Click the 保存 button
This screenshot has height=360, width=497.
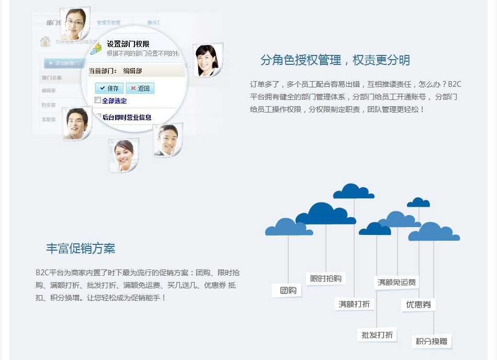pyautogui.click(x=109, y=88)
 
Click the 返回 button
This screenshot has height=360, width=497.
pyautogui.click(x=140, y=88)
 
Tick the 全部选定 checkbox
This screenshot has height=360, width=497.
pyautogui.click(x=98, y=100)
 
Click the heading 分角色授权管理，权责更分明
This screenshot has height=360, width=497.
pyautogui.click(x=335, y=60)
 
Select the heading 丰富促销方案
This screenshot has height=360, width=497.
pyautogui.click(x=81, y=249)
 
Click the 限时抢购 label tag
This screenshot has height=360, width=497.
pyautogui.click(x=325, y=278)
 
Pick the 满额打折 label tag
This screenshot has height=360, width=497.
pyautogui.click(x=354, y=304)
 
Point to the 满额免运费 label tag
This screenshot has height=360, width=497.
pyautogui.click(x=397, y=283)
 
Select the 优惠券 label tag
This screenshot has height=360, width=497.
pyautogui.click(x=418, y=305)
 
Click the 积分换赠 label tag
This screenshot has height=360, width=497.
pyautogui.click(x=432, y=342)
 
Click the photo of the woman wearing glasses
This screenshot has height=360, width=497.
pyautogui.click(x=74, y=24)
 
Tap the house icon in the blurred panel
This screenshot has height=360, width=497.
pyautogui.click(x=46, y=42)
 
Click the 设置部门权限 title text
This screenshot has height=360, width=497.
pyautogui.click(x=128, y=44)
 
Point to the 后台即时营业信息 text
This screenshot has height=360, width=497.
pyautogui.click(x=127, y=117)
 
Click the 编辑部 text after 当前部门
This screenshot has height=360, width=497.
pyautogui.click(x=132, y=71)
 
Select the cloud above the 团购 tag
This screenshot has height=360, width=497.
pyautogui.click(x=288, y=227)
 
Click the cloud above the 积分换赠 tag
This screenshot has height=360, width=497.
pyautogui.click(x=434, y=232)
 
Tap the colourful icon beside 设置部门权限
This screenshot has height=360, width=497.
pyautogui.click(x=96, y=48)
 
